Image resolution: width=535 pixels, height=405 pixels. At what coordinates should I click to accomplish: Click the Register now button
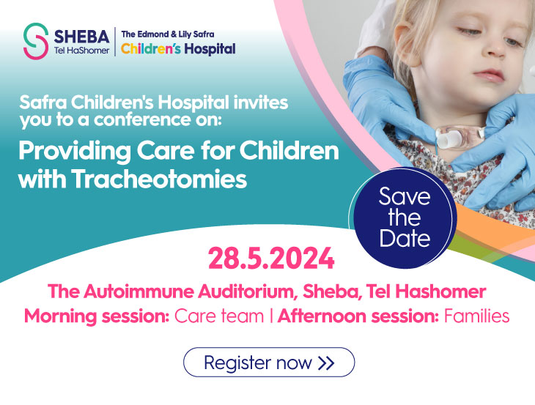pos(269,362)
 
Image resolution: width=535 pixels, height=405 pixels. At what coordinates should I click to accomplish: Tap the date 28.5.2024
pos(271,259)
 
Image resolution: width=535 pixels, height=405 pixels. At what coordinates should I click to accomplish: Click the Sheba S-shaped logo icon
pos(35,41)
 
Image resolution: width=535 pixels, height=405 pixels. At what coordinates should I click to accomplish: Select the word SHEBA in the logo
pos(81,37)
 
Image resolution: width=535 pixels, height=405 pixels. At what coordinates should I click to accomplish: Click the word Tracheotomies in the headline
pos(159,179)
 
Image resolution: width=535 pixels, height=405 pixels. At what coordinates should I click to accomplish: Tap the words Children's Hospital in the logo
pos(178,49)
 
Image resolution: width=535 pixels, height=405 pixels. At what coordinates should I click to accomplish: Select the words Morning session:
pos(97,316)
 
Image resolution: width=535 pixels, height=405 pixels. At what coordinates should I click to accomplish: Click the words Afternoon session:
pos(358,316)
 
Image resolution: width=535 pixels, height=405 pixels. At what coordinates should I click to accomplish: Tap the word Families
pos(476,316)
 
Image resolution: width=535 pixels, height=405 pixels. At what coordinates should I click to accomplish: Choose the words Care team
pos(219,316)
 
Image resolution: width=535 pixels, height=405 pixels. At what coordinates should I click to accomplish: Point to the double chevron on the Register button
pos(326,363)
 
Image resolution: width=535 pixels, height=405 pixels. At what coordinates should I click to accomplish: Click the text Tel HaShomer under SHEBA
pos(81,51)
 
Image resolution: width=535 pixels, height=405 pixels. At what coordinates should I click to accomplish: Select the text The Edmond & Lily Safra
pos(168,34)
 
